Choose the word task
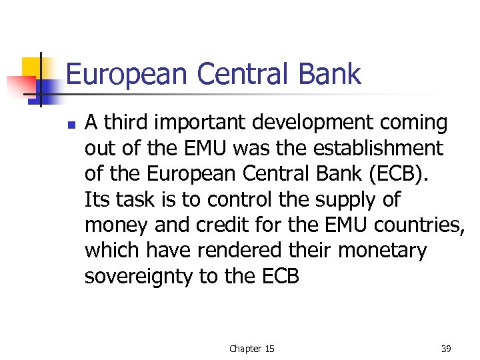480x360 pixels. [130, 199]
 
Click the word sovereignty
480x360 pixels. [138, 276]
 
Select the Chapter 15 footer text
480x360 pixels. [251, 349]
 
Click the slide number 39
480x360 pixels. [445, 349]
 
